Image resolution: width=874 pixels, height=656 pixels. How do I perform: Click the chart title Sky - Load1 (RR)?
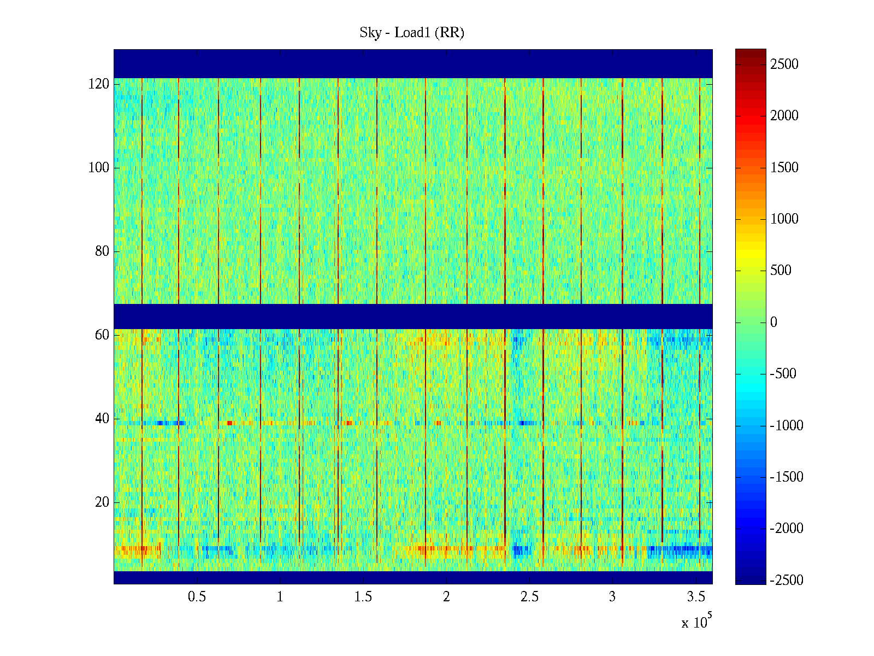(x=411, y=33)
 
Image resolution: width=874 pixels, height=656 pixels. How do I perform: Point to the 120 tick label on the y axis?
(x=99, y=84)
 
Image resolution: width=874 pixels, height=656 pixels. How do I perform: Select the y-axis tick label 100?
(x=99, y=168)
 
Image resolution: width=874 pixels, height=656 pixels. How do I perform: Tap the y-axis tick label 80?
(x=102, y=251)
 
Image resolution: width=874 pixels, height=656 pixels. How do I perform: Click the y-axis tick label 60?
(x=102, y=335)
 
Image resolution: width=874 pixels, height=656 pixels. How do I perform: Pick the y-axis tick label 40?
(x=102, y=419)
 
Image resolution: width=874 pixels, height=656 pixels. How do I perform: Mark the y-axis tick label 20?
(x=102, y=502)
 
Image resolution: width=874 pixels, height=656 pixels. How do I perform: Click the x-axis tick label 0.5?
(x=197, y=597)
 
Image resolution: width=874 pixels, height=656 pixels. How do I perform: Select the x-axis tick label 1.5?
(x=363, y=597)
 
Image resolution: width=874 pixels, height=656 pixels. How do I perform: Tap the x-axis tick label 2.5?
(x=529, y=597)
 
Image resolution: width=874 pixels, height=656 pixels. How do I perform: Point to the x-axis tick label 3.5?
(x=696, y=597)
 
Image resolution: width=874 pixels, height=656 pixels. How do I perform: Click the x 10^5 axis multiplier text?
(x=696, y=622)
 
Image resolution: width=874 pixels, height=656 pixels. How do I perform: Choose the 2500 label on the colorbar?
(x=784, y=65)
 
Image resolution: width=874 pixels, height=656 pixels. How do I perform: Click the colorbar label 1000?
(x=784, y=219)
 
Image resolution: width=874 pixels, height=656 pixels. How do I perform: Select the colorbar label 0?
(x=773, y=323)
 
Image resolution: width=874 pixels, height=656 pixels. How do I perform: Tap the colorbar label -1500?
(x=787, y=477)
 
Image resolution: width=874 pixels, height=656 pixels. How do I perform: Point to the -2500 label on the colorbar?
(x=787, y=581)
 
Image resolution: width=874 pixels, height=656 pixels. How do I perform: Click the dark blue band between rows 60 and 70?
(x=413, y=317)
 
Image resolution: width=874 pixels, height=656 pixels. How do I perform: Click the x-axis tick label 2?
(x=446, y=597)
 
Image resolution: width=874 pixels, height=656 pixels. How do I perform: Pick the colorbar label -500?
(x=783, y=374)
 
